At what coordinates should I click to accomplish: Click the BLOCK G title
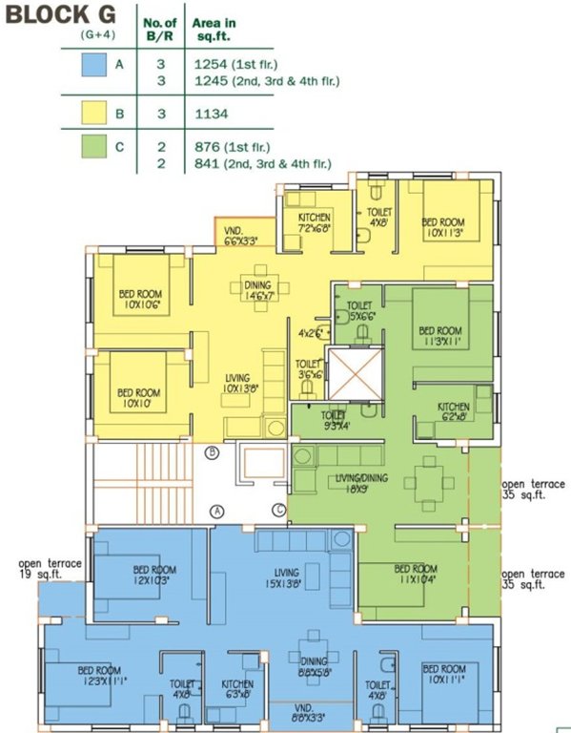pyautogui.click(x=63, y=14)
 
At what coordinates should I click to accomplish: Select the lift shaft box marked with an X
pyautogui.click(x=352, y=374)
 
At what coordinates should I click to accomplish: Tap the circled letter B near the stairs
pyautogui.click(x=213, y=451)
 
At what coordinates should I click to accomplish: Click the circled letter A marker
pyautogui.click(x=217, y=511)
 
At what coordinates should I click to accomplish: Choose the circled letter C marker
pyautogui.click(x=279, y=511)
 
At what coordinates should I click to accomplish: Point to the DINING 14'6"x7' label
pyautogui.click(x=256, y=291)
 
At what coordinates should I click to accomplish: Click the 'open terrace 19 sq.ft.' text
pyautogui.click(x=49, y=570)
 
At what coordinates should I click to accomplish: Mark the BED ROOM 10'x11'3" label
pyautogui.click(x=445, y=226)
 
